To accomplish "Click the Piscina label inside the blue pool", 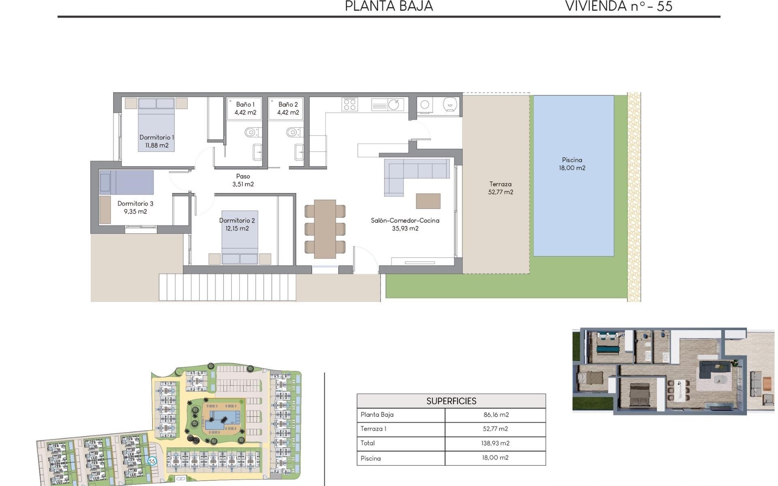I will point(572,164).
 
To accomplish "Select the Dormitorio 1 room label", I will point(156,141).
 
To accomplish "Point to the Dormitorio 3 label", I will point(135,207).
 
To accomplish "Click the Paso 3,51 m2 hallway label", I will point(243,180).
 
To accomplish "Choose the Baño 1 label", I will point(245,109).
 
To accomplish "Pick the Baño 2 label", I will point(288,109).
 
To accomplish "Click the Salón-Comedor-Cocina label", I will point(405,224).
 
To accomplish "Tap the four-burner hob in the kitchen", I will point(349,104).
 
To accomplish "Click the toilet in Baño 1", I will point(251,132).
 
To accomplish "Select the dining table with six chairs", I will point(325,229).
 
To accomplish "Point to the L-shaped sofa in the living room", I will point(413,174).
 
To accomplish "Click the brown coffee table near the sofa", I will point(428,201).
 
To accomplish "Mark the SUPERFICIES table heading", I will point(451,401).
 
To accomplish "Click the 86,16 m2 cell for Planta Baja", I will point(496,415).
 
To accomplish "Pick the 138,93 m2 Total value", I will point(495,443).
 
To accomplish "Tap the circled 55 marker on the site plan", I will point(152,461).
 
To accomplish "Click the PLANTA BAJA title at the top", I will point(389,6).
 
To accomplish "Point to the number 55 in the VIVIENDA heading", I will point(665,6).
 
